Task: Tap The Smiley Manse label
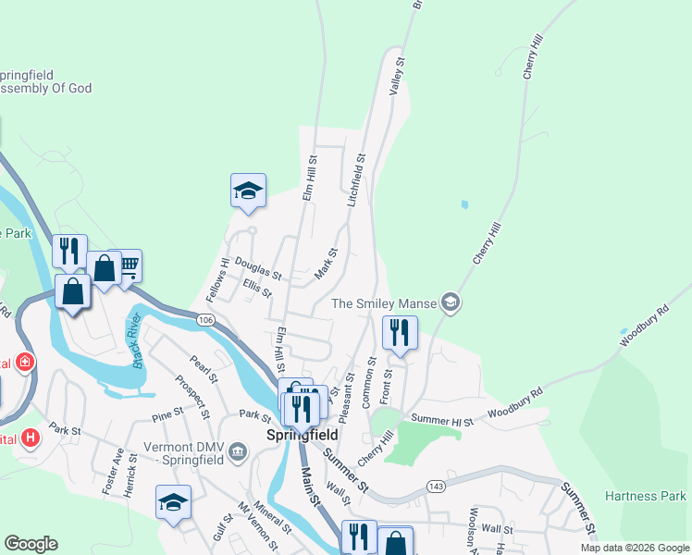coord(383,303)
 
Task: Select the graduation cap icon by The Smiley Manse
coord(450,302)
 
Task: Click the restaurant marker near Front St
coord(400,333)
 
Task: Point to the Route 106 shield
coord(205,319)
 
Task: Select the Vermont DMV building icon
coord(239,451)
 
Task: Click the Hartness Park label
coord(646,497)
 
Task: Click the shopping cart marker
coord(129,266)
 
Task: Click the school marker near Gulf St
coord(173,501)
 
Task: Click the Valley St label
coord(398,74)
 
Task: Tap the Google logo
coord(31,544)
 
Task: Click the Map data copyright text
coord(636,548)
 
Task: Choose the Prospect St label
coord(195,395)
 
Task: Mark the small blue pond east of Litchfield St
coord(463,204)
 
